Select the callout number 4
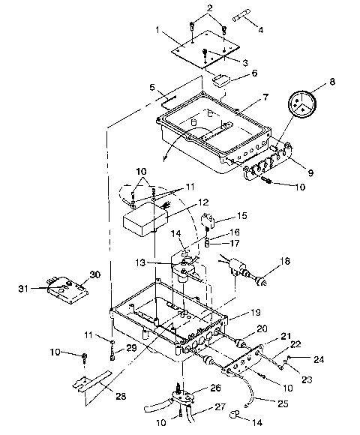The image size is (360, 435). (x=260, y=31)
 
